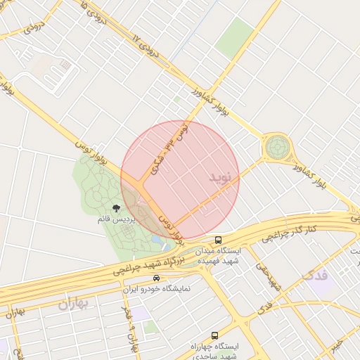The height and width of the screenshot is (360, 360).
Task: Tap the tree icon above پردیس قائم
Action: point(116,208)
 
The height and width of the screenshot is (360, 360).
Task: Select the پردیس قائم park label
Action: point(115,219)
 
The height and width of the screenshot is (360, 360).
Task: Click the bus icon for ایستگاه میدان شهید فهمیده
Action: point(219,240)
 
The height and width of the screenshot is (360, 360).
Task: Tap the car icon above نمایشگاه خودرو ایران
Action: point(146,278)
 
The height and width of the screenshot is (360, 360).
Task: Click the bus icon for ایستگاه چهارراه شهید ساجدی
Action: point(214,335)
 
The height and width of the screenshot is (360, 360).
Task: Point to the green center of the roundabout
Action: point(277,148)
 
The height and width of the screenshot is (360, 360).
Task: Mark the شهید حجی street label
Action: point(269,278)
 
